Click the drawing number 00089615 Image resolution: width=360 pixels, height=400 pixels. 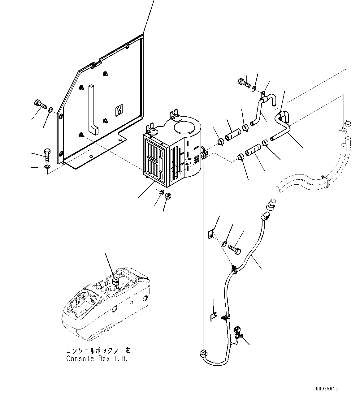pos(327,388)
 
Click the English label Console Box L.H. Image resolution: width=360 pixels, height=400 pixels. pos(97,359)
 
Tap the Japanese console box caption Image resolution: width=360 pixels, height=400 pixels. pos(98,351)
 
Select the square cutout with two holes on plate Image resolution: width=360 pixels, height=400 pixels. pos(119,110)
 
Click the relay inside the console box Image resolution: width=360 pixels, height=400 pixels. pos(115,281)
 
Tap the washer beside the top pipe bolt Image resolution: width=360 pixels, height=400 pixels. pos(254,89)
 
